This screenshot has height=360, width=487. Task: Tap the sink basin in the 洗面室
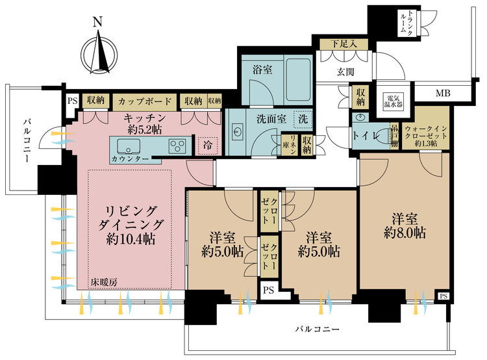coord(238,133)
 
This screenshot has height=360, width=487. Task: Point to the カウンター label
coord(128,159)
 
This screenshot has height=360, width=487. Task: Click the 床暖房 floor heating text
coord(104,283)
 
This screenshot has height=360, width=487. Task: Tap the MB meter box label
coord(442,94)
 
